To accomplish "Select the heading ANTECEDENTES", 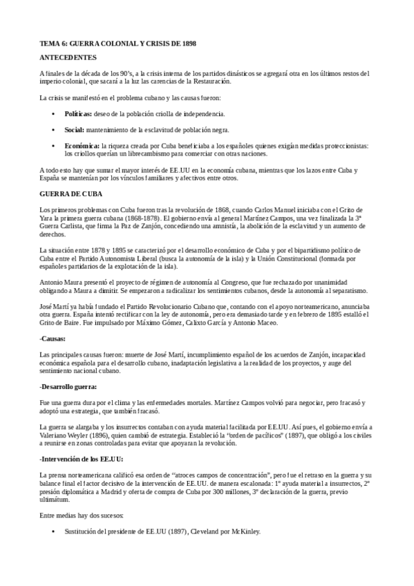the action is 68,57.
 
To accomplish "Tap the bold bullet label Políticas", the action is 77,113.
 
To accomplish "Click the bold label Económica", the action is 81,146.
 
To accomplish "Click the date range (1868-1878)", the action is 139,216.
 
